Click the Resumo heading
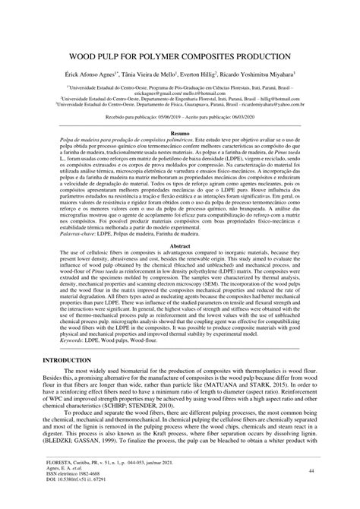180,132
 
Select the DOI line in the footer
78,501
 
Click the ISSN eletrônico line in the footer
76,495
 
